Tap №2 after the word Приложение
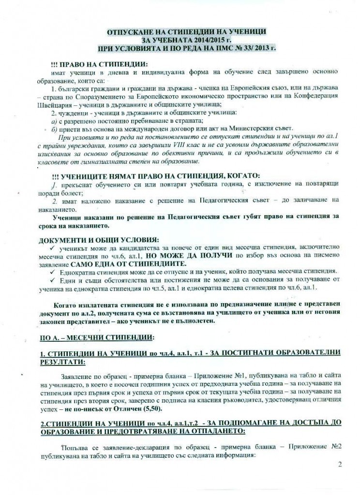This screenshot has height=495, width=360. point(331,447)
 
